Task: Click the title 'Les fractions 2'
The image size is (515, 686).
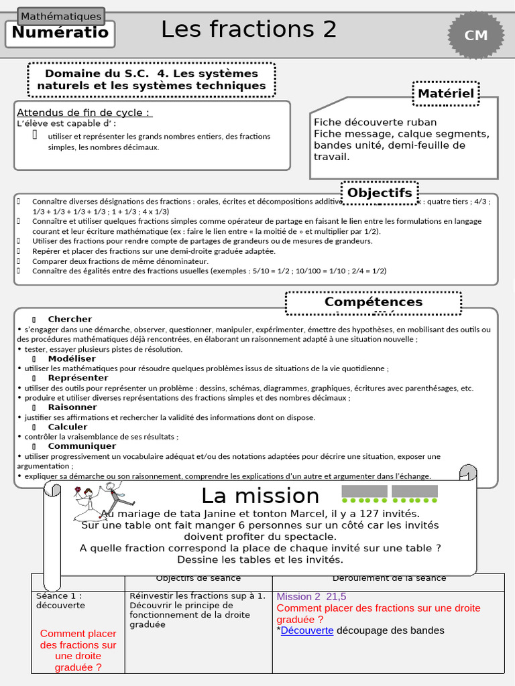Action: click(248, 29)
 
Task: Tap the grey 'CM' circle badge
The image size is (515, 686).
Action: click(476, 36)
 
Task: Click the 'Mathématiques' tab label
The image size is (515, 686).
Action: click(61, 16)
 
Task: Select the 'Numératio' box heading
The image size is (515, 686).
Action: click(60, 33)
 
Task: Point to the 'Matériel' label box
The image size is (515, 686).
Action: click(445, 94)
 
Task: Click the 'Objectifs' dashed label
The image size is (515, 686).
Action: click(380, 193)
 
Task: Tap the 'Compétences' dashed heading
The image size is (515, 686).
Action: click(374, 302)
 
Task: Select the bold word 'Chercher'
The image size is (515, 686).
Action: click(70, 319)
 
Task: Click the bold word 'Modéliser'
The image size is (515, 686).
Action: click(72, 358)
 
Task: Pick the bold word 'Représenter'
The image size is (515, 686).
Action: click(78, 378)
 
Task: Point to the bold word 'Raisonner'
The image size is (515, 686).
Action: click(72, 407)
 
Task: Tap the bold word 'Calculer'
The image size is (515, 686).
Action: click(68, 427)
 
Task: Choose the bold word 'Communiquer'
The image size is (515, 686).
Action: click(82, 446)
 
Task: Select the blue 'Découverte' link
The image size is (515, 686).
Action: click(307, 630)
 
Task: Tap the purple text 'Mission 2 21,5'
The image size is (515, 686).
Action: click(311, 597)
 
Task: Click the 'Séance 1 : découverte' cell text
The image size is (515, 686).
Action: click(60, 600)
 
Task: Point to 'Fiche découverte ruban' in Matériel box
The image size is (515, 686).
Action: click(375, 122)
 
